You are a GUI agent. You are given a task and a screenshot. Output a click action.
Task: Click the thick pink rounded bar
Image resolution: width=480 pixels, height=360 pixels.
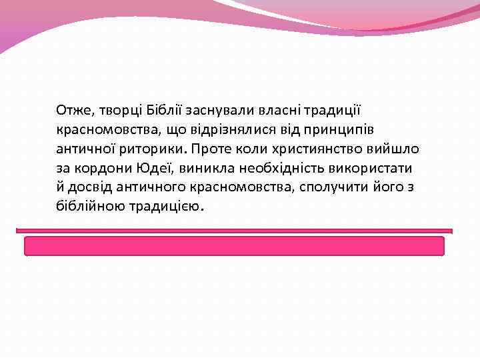234,246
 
